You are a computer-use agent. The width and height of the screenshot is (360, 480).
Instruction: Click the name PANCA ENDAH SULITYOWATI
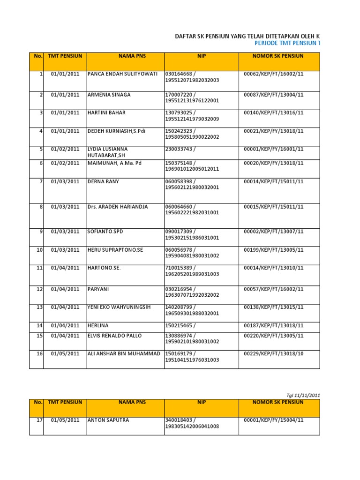(122, 74)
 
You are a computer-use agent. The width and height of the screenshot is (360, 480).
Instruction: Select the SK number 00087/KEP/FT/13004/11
(274, 95)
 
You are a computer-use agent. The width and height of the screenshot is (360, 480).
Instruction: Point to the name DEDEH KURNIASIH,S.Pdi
(116, 131)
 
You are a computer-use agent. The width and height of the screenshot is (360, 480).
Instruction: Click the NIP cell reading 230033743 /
(180, 149)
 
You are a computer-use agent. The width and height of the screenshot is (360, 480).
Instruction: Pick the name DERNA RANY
(103, 181)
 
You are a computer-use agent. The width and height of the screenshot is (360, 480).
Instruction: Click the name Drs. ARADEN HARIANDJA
(117, 207)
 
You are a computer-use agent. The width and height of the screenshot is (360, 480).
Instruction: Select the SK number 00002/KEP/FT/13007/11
(274, 232)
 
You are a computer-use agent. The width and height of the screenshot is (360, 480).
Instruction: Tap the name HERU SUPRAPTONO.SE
(115, 250)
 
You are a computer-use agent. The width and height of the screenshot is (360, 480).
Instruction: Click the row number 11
(39, 268)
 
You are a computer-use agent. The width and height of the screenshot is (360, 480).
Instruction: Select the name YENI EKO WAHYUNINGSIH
(119, 307)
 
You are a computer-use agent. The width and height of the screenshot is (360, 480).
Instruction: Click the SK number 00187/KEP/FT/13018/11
(274, 325)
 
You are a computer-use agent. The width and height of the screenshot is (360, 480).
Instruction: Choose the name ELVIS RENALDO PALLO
(114, 336)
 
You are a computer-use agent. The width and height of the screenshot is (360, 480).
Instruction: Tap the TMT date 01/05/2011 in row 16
(65, 353)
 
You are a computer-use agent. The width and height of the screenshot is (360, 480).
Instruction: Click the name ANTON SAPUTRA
(108, 420)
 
